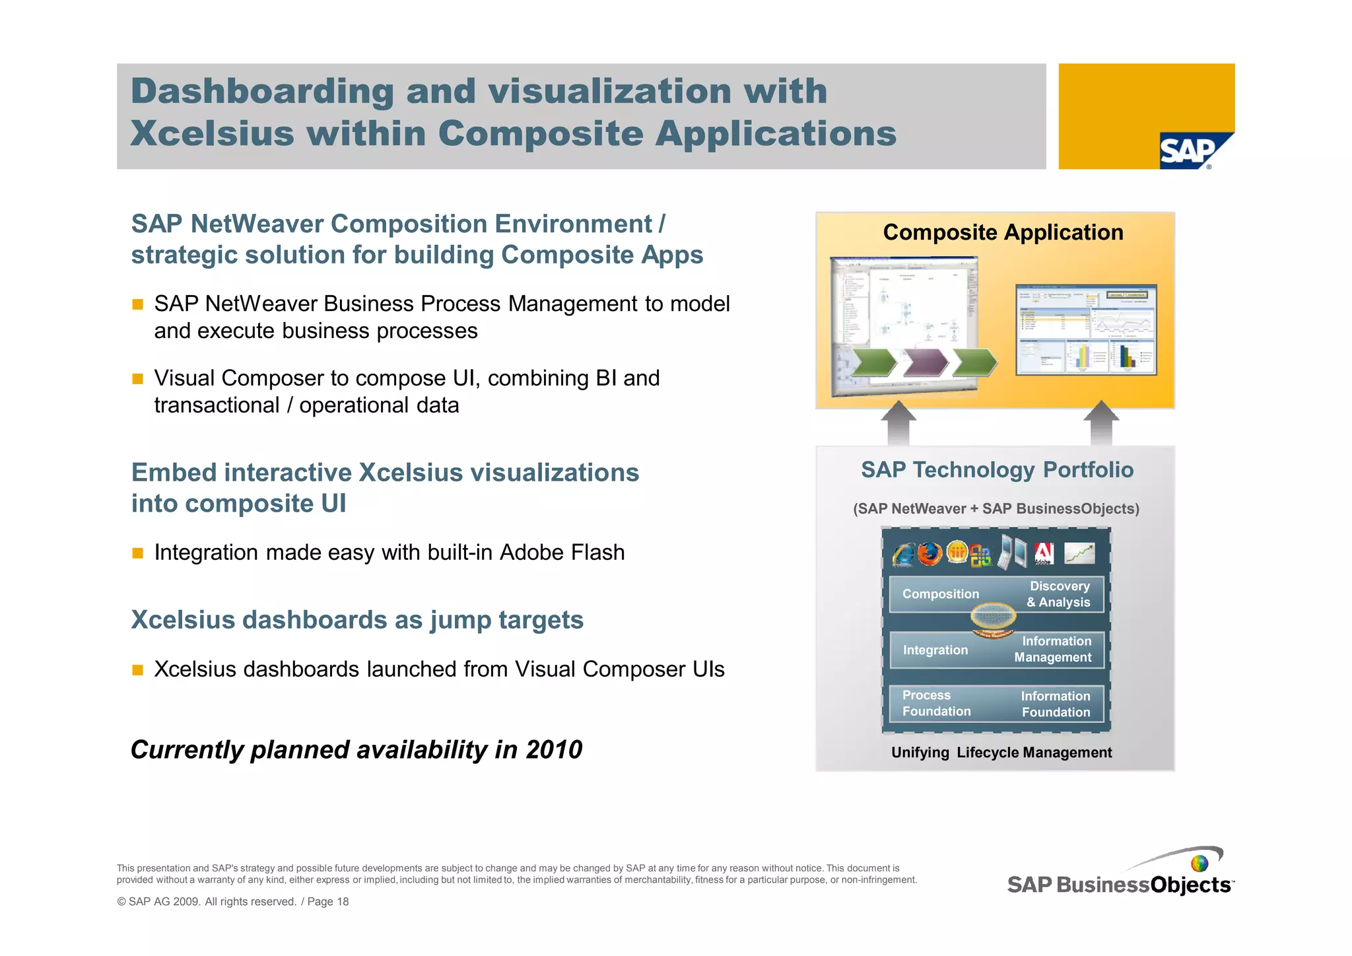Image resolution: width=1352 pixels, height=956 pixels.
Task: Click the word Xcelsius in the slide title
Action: (x=212, y=133)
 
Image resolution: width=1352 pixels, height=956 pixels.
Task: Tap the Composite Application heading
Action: (x=1002, y=232)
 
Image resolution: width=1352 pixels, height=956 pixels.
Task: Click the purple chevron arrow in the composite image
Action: (x=924, y=362)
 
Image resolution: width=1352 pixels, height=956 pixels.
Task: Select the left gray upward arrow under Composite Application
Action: (x=898, y=424)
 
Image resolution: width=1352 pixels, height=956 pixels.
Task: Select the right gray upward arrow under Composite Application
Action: (x=1100, y=424)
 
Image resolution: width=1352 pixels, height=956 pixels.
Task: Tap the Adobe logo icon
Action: (x=1044, y=553)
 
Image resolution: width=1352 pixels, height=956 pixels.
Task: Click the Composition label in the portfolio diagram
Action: (x=940, y=594)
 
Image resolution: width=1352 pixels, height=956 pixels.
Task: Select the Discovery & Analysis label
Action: (x=1058, y=594)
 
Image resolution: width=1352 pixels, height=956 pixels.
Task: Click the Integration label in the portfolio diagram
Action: (x=935, y=650)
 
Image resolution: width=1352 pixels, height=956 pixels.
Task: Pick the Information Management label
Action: (x=1054, y=650)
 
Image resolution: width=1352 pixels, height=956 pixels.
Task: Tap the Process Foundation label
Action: (x=936, y=704)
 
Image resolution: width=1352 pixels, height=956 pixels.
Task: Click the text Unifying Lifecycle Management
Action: (x=1001, y=753)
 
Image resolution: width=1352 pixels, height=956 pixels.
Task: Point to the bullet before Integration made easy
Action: (x=137, y=553)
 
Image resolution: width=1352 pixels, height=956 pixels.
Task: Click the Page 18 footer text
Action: (x=328, y=902)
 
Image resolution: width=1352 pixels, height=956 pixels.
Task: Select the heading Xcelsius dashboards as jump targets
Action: (x=357, y=620)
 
